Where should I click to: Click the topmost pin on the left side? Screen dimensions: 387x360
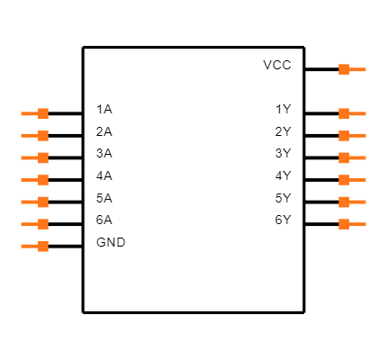tap(35, 113)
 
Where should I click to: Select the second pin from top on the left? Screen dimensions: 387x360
tap(35, 136)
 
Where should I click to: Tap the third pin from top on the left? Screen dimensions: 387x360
tap(35, 157)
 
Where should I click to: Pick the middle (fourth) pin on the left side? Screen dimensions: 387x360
tap(35, 180)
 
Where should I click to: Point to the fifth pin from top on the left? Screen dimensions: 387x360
tap(35, 202)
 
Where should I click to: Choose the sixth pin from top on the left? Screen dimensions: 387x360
tap(35, 224)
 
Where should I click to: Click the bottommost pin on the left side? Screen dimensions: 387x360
tap(35, 246)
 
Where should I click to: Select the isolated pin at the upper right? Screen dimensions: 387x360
tap(352, 69)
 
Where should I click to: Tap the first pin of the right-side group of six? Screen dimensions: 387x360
tap(352, 113)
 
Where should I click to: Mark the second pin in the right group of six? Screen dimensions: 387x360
tap(352, 136)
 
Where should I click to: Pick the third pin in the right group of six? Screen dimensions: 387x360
tap(352, 157)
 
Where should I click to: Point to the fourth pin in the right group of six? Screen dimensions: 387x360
tap(352, 180)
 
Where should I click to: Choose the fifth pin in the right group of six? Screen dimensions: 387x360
tap(352, 202)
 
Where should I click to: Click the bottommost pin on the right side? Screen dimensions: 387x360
tap(352, 224)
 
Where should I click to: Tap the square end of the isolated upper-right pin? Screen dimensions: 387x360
tap(344, 69)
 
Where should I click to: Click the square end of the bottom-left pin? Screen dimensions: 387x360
tap(43, 246)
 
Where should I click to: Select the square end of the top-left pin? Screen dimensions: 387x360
tap(43, 113)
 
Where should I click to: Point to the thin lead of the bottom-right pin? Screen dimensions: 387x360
tap(358, 224)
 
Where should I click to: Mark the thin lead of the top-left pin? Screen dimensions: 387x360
tap(29, 113)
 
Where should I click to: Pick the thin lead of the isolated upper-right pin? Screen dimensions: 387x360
tap(358, 69)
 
